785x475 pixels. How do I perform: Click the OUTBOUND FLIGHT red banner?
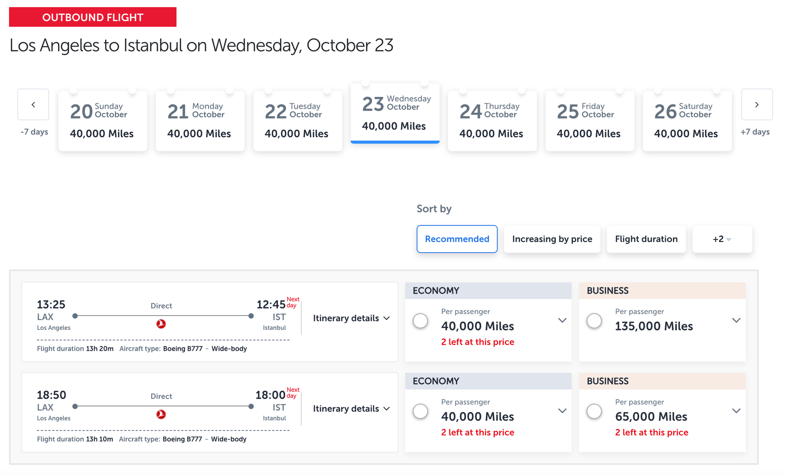click(x=93, y=17)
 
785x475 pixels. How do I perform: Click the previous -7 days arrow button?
click(x=33, y=105)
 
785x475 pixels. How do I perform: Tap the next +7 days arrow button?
click(x=756, y=105)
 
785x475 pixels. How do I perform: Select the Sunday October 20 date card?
click(x=103, y=121)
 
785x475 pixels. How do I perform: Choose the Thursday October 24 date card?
click(x=492, y=121)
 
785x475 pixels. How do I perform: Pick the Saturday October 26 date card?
click(x=687, y=121)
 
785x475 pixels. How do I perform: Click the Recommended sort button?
click(x=457, y=239)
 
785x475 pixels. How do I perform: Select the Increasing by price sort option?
click(x=552, y=239)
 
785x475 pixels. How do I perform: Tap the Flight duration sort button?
click(x=646, y=239)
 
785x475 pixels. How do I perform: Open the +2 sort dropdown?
click(x=722, y=239)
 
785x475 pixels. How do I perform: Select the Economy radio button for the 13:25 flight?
click(x=420, y=321)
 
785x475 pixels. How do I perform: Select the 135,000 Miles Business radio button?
click(x=594, y=321)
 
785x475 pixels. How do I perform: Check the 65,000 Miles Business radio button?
click(x=594, y=411)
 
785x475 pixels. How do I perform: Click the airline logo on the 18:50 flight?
click(x=161, y=415)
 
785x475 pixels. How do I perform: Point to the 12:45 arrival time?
click(x=271, y=305)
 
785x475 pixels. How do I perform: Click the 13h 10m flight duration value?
click(x=99, y=439)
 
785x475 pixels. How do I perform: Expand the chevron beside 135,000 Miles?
click(x=736, y=320)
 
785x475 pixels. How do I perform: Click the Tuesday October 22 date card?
click(x=297, y=121)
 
